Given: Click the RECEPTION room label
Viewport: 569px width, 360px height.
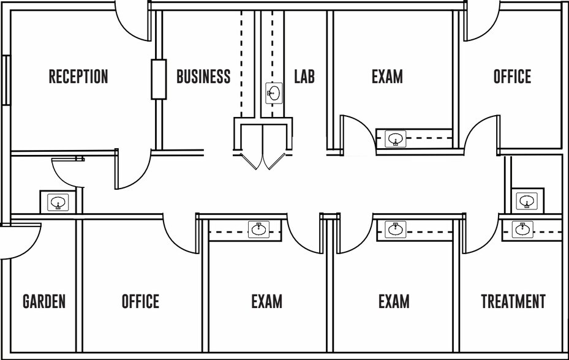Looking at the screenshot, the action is (x=78, y=77).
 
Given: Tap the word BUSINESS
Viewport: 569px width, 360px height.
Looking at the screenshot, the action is (x=203, y=77).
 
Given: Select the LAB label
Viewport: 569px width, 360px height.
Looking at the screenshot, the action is (x=304, y=77).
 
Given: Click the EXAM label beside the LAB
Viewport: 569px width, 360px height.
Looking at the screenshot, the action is (x=387, y=77).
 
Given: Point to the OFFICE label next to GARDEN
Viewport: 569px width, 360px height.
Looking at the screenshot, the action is (x=140, y=301).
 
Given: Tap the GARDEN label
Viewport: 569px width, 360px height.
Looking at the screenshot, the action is (x=44, y=301).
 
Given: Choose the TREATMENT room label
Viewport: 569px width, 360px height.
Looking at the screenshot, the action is (x=513, y=301).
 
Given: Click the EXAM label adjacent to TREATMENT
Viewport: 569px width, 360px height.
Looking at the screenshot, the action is (x=394, y=301).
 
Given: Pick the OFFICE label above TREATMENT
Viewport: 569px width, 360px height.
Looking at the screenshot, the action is (x=512, y=77).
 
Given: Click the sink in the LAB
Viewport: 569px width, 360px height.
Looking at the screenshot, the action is (x=274, y=93).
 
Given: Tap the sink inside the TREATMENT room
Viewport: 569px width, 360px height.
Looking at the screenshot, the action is (x=522, y=230).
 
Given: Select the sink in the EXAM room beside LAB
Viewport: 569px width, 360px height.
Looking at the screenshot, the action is (x=396, y=139).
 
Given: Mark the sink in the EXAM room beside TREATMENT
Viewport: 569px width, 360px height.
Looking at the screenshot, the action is (x=396, y=230).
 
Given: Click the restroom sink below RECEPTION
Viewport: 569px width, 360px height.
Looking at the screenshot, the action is (x=58, y=202).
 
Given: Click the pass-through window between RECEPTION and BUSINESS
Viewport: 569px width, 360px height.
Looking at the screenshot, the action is (x=159, y=79).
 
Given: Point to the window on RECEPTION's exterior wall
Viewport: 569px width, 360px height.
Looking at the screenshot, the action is (x=6, y=80).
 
